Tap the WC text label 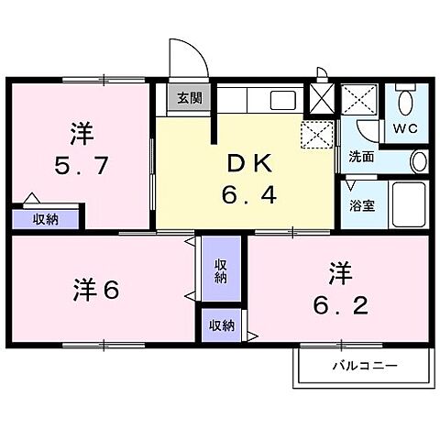[406, 128]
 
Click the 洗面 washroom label [360, 157]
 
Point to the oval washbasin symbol [418, 161]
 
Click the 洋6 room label [94, 291]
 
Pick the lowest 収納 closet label [221, 325]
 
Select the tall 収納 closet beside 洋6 [221, 271]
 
